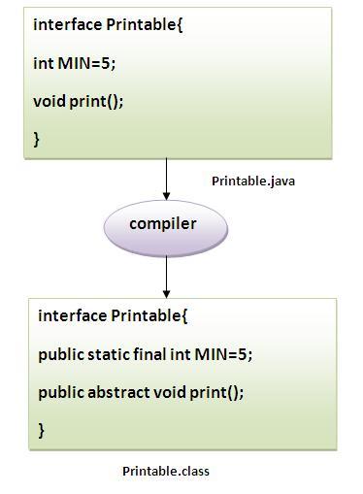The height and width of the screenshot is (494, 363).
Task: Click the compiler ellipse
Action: coord(164,225)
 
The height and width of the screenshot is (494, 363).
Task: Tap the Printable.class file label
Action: coord(165,472)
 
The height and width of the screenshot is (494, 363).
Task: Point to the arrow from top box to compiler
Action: coord(166,177)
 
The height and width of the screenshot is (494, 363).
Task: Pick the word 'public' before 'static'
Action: coord(60,355)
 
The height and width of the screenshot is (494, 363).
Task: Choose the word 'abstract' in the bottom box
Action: coord(122,392)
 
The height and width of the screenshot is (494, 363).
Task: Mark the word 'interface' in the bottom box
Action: coord(72,316)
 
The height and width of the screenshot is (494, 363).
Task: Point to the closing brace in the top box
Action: coord(37,140)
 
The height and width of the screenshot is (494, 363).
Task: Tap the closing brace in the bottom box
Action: coord(42,428)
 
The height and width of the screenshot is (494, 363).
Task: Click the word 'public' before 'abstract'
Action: coord(60,392)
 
